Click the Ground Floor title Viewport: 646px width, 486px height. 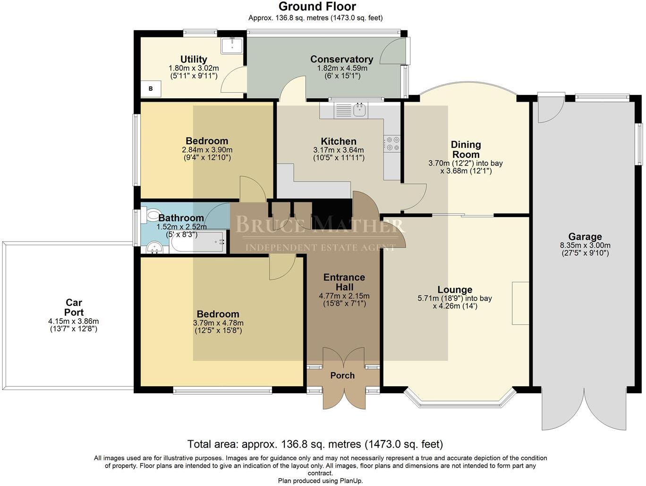(x=317, y=7)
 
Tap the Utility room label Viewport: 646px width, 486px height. (x=194, y=59)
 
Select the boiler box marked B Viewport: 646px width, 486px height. (x=151, y=88)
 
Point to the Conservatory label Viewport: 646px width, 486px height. (x=341, y=59)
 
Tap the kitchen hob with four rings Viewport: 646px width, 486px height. (x=392, y=143)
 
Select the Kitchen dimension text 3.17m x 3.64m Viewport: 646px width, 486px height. (x=339, y=150)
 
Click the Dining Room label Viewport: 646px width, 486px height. (x=466, y=149)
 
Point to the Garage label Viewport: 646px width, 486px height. (x=585, y=236)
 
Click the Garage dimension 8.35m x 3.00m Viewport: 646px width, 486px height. (x=585, y=245)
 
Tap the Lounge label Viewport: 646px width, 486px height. (x=454, y=289)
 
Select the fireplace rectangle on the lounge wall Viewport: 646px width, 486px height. (x=520, y=303)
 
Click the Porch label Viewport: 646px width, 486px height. (x=342, y=375)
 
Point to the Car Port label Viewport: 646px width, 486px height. (x=74, y=307)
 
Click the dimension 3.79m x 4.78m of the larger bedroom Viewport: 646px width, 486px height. (x=218, y=323)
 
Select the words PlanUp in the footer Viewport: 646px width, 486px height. (x=351, y=481)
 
